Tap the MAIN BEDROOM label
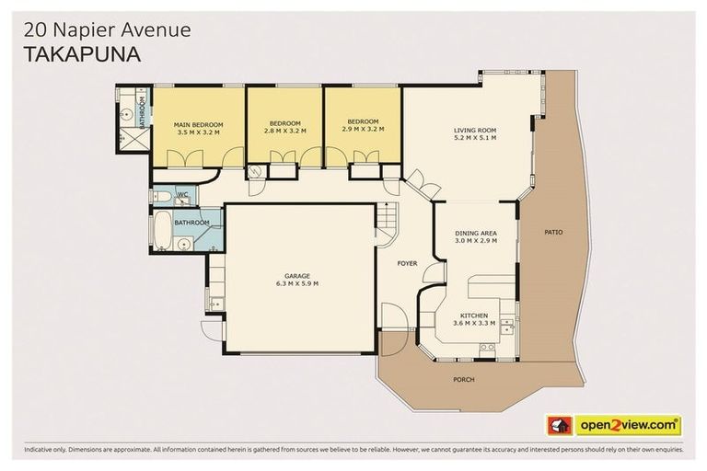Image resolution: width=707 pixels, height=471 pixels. (x=198, y=123)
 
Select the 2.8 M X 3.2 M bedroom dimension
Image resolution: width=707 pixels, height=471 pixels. (x=285, y=132)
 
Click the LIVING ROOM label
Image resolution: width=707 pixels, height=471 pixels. (x=475, y=130)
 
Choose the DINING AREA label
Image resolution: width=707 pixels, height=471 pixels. (x=475, y=234)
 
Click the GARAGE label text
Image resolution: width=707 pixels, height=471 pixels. (x=296, y=276)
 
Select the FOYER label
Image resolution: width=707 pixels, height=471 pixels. (x=407, y=264)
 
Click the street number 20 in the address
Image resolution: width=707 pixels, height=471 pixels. (x=32, y=30)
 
